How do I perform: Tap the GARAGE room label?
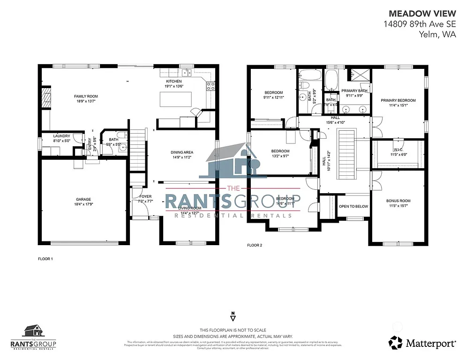[83, 199]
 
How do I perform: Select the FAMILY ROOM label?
[86, 96]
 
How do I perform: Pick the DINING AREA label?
[182, 152]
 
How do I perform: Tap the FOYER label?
[146, 196]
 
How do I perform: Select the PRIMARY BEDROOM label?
[398, 100]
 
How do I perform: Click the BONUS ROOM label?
[398, 201]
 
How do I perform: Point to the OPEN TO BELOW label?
[353, 206]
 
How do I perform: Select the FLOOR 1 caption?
[45, 259]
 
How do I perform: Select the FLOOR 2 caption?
[255, 245]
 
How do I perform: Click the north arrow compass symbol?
[233, 314]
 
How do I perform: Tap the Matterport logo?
[422, 343]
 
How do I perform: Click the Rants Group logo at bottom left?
[33, 337]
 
